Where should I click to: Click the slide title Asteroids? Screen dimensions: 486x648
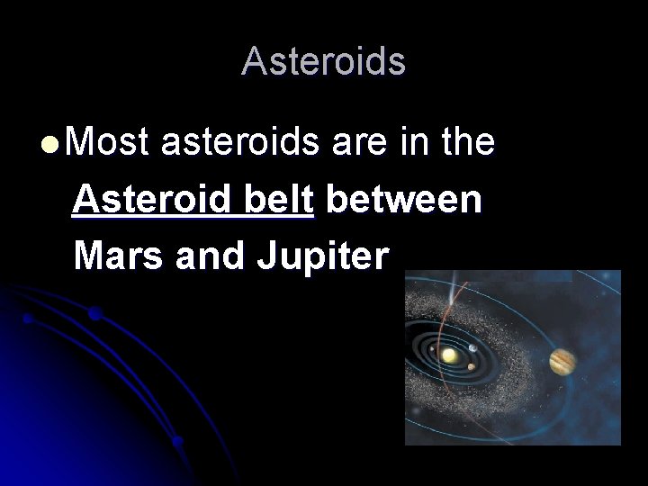pyautogui.click(x=323, y=61)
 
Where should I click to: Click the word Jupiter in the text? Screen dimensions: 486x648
pyautogui.click(x=323, y=258)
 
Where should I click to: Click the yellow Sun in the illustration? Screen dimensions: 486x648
pyautogui.click(x=448, y=356)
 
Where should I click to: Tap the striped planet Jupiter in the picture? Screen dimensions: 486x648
pyautogui.click(x=562, y=361)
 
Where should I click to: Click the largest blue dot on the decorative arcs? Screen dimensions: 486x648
pyautogui.click(x=94, y=314)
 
